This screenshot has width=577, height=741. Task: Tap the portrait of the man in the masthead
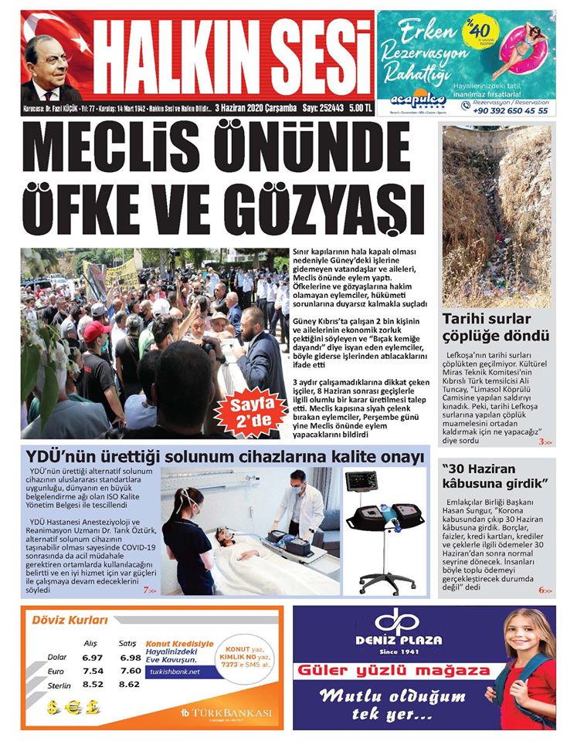[49, 70]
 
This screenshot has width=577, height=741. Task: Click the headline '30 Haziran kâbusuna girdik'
[494, 475]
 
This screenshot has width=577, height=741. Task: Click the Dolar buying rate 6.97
[92, 658]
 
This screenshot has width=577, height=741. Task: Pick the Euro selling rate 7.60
[131, 671]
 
